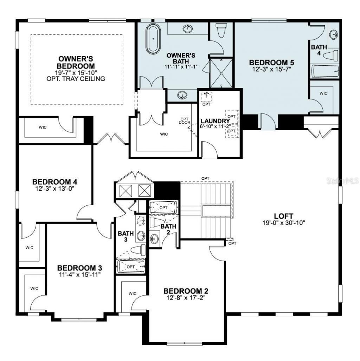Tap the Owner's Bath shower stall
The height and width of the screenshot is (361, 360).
tap(221, 73)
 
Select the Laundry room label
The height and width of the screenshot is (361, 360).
tap(216, 121)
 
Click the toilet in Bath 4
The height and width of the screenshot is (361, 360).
tap(331, 55)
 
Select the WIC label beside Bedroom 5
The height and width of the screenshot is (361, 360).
tap(324, 93)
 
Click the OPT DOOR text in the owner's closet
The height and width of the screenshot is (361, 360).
tap(185, 120)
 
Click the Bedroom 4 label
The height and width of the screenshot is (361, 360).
tap(54, 182)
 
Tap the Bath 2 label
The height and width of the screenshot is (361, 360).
tap(168, 229)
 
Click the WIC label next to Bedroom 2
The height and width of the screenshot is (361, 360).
tap(133, 293)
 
